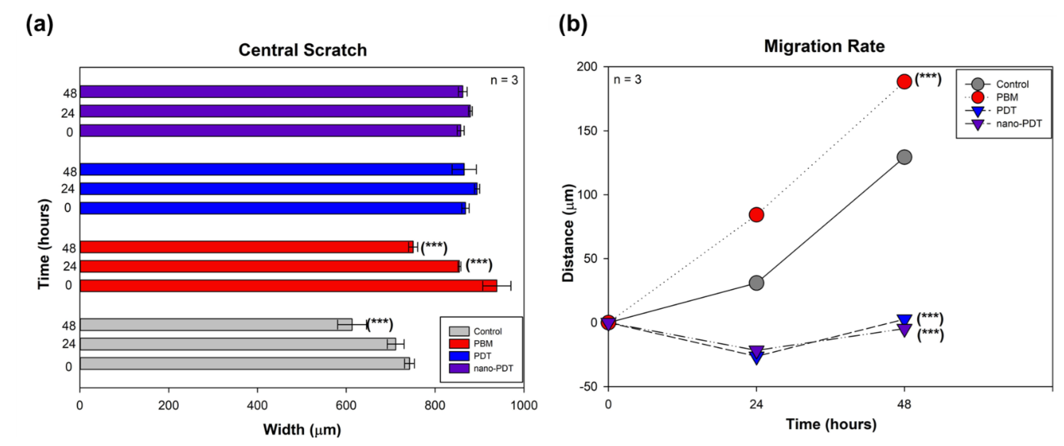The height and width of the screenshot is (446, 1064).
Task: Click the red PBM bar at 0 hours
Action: (285, 286)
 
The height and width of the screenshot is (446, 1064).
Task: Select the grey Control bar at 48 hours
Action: (215, 325)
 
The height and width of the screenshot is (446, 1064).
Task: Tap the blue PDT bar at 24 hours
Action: (277, 189)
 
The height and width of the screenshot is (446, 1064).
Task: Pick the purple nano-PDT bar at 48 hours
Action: (269, 92)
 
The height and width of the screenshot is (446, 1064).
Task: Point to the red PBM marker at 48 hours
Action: (904, 82)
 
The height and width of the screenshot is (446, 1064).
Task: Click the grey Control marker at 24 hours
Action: (756, 283)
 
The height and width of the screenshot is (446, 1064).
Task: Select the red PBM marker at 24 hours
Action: (756, 215)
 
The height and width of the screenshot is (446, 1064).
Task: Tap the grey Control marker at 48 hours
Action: (904, 157)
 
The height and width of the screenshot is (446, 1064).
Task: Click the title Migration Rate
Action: (824, 46)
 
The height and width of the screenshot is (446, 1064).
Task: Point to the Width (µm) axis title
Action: (302, 429)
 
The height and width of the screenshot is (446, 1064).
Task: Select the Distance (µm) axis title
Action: (569, 233)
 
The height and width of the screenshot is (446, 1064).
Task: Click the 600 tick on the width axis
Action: (346, 405)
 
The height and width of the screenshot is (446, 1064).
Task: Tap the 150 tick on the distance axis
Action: (587, 131)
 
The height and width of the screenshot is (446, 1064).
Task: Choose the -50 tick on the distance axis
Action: (587, 387)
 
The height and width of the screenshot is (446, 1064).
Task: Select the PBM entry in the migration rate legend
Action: (1007, 97)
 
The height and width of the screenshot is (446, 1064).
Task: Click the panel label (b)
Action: (573, 25)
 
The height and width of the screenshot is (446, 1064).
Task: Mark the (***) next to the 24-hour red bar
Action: (479, 265)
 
